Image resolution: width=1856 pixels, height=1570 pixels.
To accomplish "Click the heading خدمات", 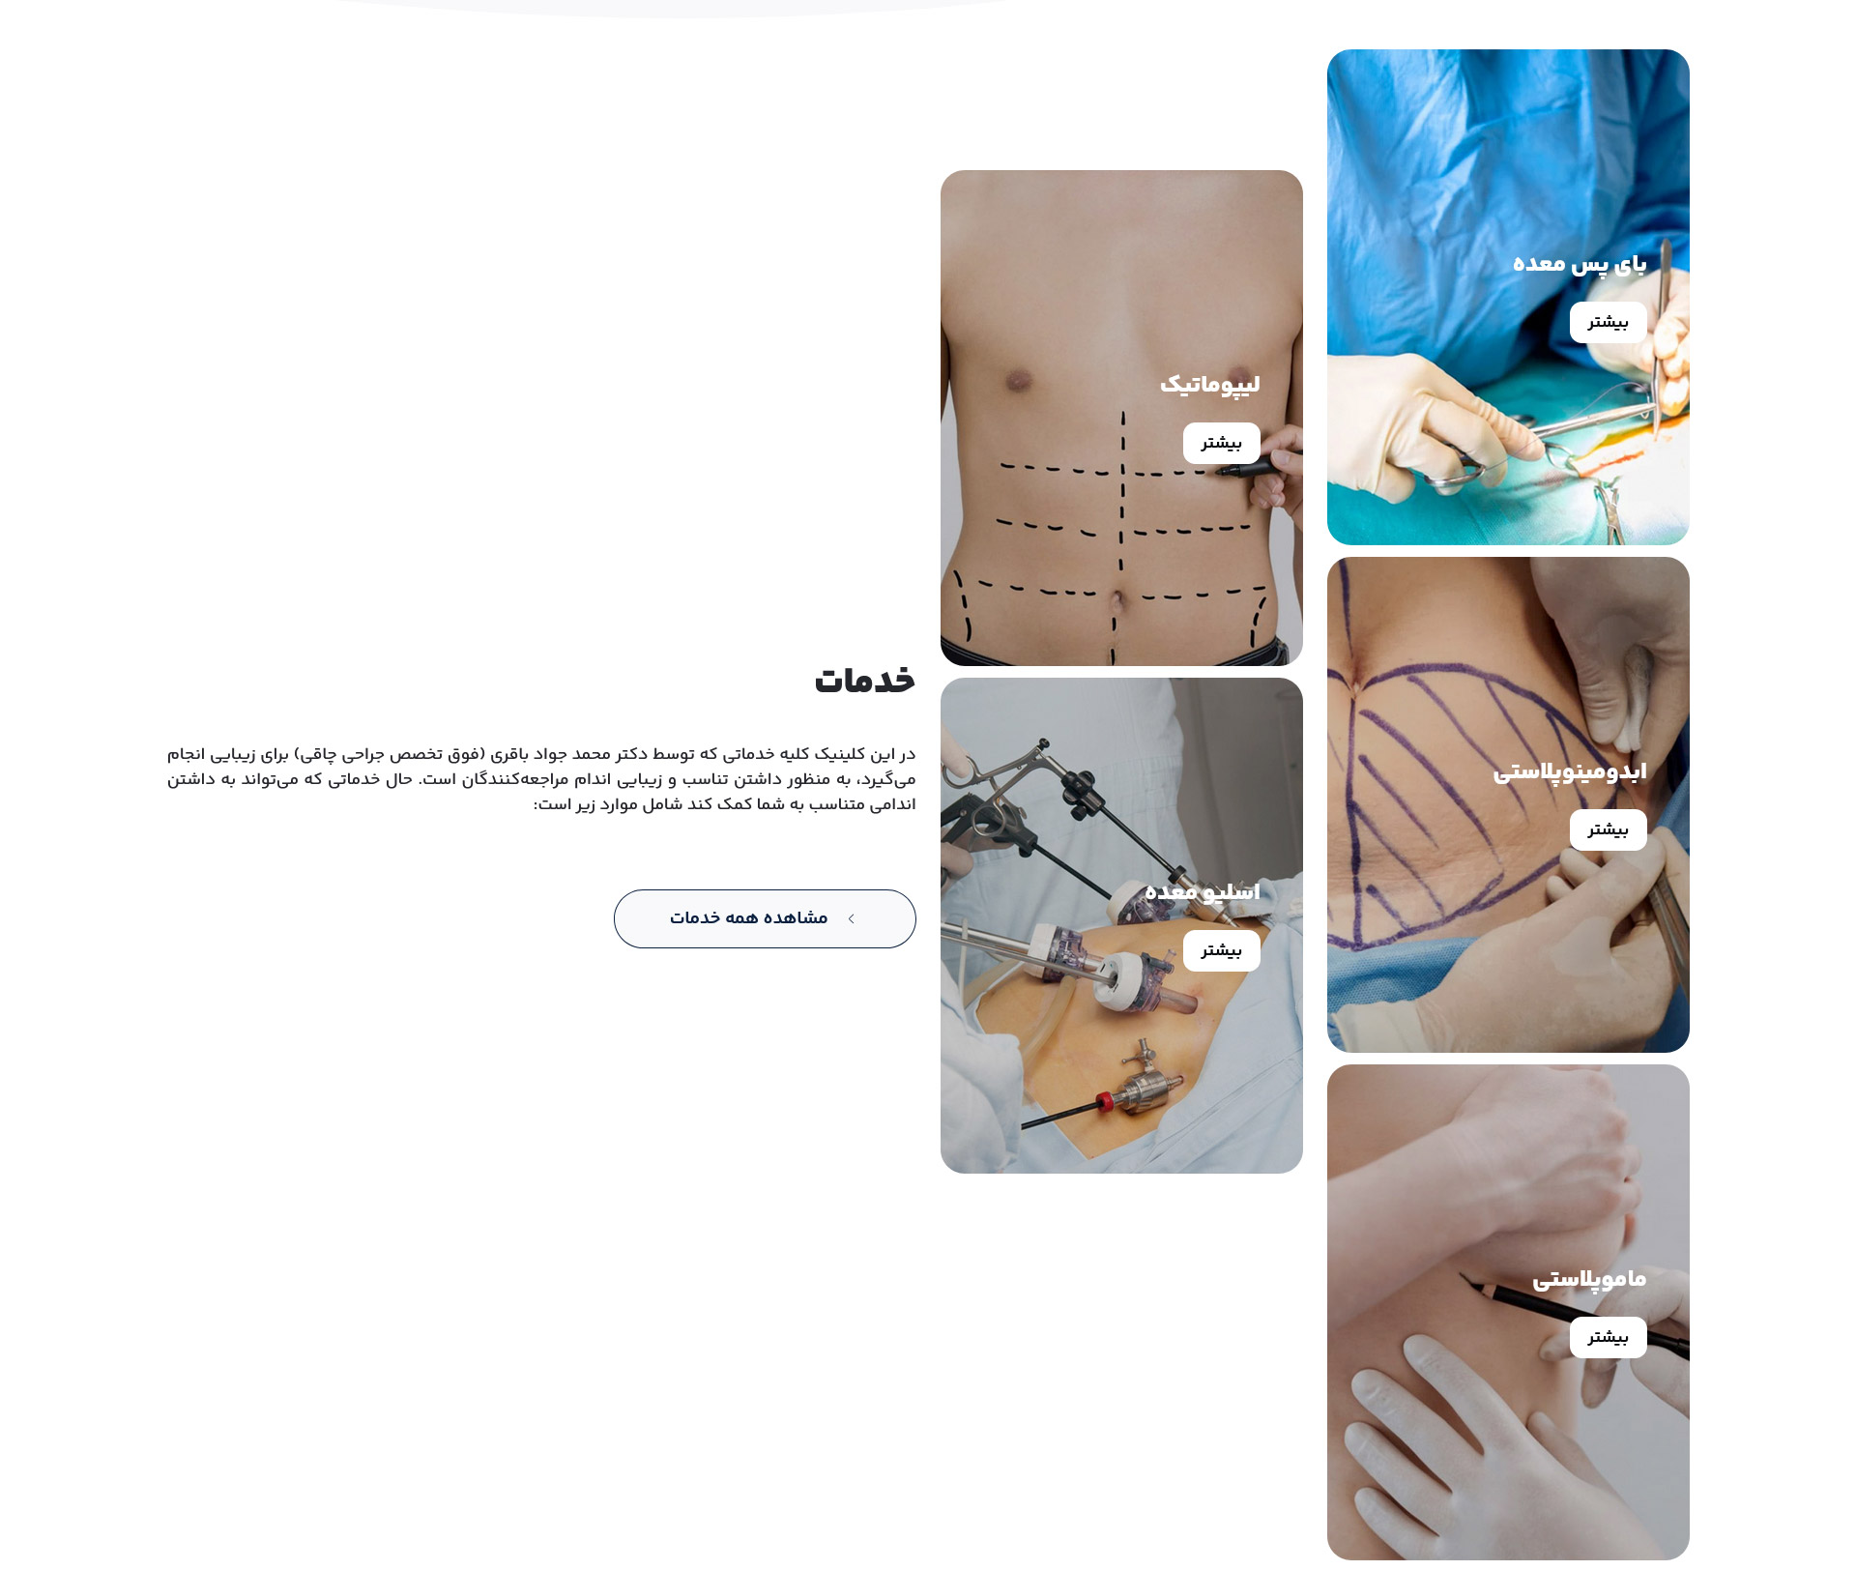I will [864, 681].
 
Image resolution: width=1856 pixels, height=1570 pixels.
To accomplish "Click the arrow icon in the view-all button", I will [851, 918].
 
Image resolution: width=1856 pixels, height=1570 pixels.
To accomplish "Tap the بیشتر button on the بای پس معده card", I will [1608, 322].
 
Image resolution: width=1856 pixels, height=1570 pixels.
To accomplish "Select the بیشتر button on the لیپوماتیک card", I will [1221, 443].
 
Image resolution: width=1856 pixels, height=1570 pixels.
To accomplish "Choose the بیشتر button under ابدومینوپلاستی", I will [1608, 829].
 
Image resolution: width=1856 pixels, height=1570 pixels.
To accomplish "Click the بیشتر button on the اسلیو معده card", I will [1221, 950].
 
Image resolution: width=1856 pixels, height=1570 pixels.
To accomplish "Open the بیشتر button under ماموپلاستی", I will [1608, 1337].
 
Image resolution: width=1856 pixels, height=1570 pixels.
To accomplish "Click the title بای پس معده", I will [1579, 263].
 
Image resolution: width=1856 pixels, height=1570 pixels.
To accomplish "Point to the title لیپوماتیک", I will [1209, 384].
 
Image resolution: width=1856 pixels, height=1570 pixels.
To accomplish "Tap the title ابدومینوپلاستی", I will [1569, 771].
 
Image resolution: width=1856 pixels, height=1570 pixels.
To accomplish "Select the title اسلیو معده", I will [1202, 891].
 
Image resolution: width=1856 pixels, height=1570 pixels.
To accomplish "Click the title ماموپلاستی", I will [1588, 1278].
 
